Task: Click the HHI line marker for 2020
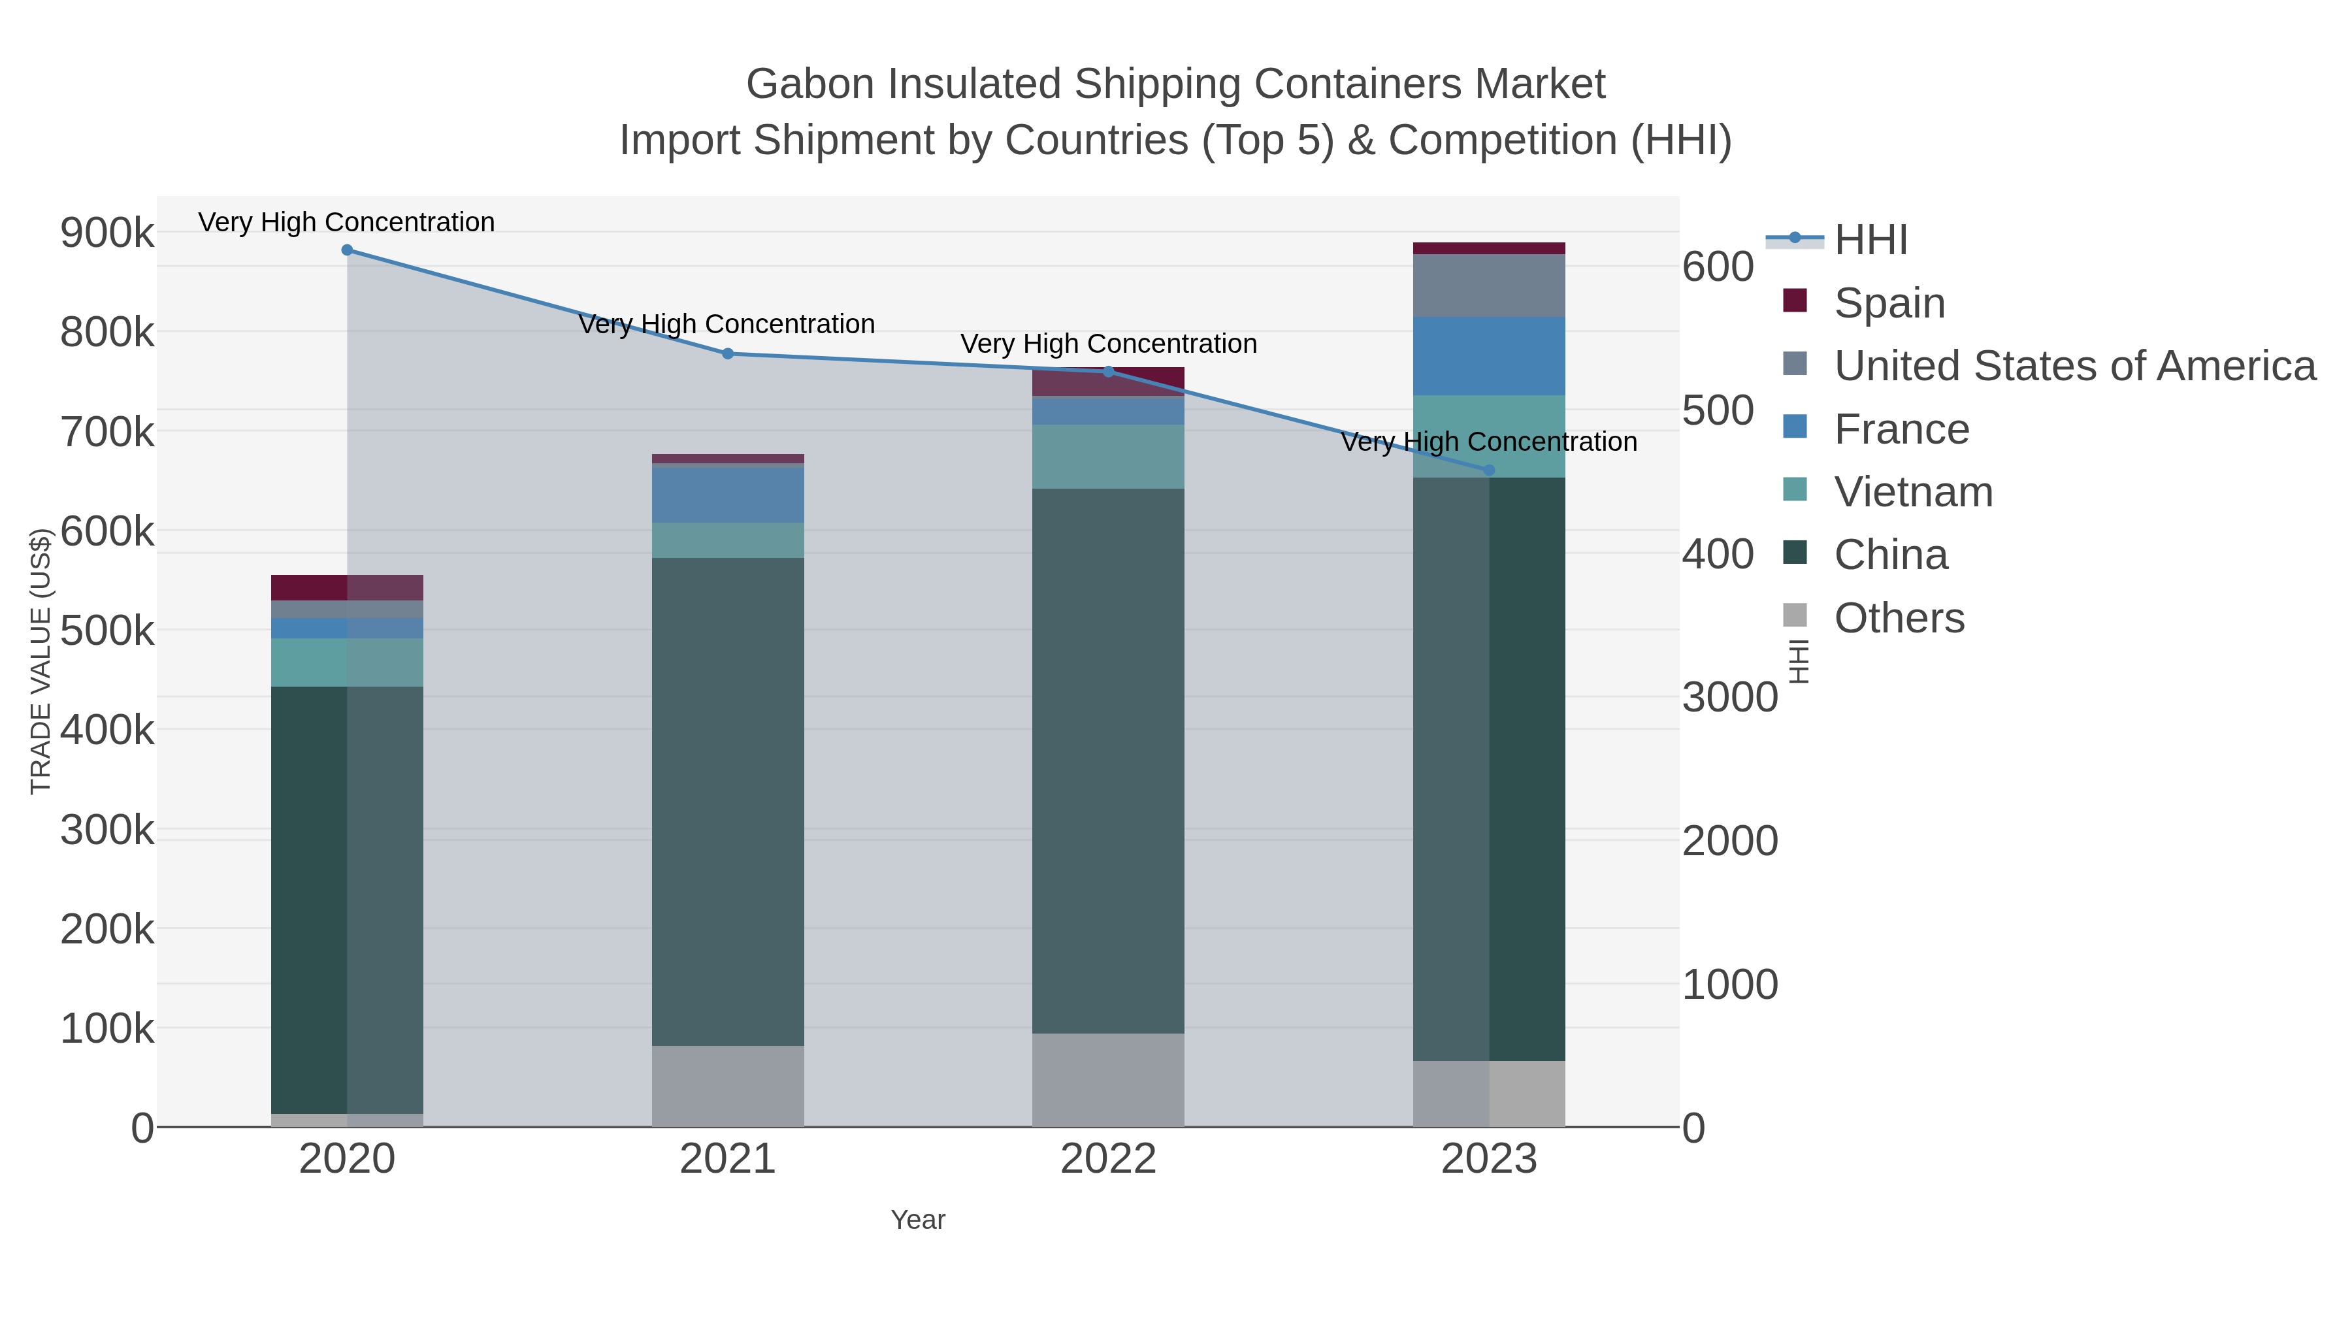pos(347,250)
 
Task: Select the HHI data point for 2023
pos(1489,470)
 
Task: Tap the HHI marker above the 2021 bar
pos(728,353)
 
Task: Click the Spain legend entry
pos(1888,303)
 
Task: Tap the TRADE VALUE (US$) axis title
pos(41,661)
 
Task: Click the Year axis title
pos(918,1220)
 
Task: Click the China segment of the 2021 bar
pos(728,801)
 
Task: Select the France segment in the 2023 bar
pos(1489,356)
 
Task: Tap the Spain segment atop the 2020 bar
pos(347,587)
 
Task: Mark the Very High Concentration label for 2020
pos(347,223)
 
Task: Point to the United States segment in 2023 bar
pos(1489,286)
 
